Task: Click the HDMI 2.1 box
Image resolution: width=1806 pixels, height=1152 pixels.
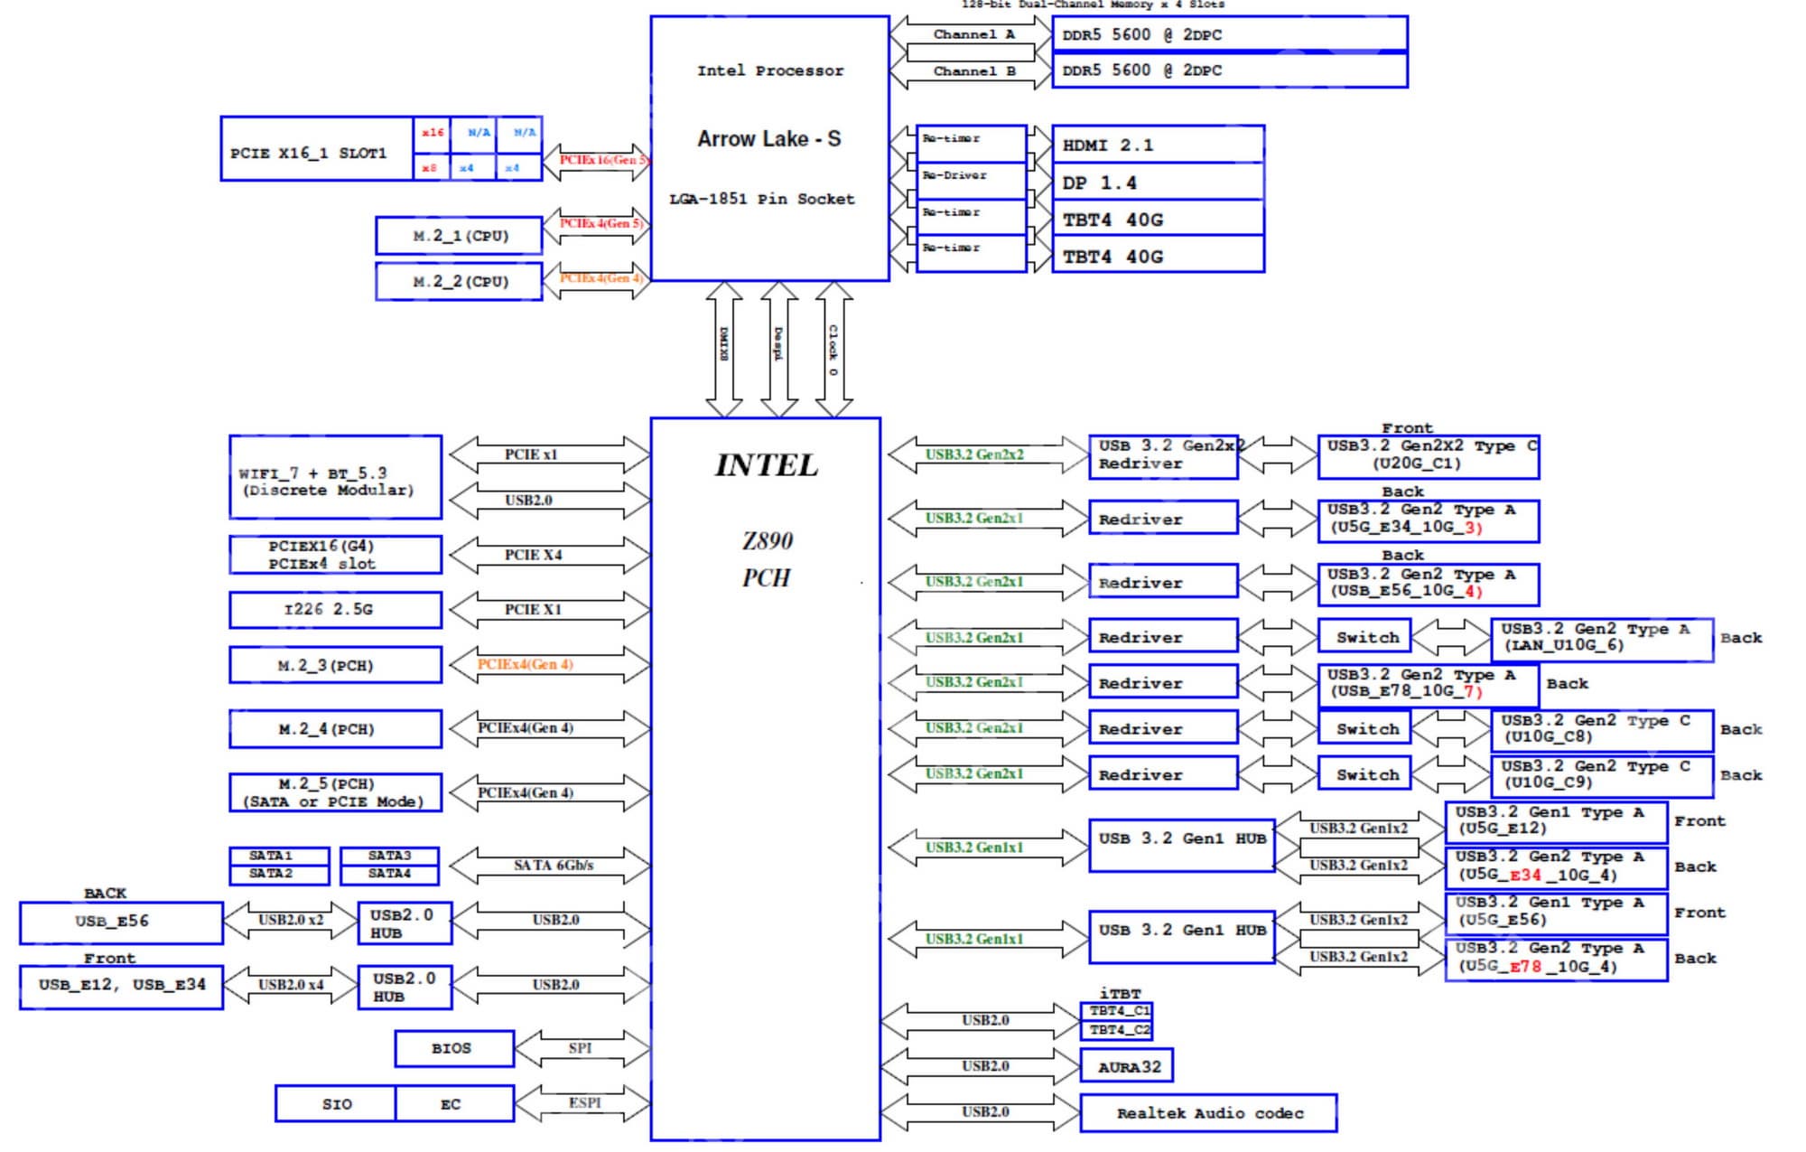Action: pos(1158,145)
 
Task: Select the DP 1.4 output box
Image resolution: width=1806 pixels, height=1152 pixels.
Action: pos(1158,183)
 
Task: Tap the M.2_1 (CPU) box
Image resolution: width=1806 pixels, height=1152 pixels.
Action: pos(459,236)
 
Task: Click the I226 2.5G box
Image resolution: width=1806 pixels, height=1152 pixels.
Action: pos(335,610)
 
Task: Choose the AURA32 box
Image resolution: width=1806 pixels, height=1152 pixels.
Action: pos(1127,1067)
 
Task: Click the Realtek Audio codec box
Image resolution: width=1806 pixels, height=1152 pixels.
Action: pos(1208,1113)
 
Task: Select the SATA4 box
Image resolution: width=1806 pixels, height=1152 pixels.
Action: pos(389,874)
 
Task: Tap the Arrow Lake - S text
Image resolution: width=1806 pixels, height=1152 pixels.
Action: pos(768,139)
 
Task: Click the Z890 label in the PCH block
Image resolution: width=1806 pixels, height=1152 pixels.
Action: pos(767,541)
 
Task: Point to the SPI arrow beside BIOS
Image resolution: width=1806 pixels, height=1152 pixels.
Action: pos(581,1048)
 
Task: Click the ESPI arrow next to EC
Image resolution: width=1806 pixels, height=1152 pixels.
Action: pos(582,1103)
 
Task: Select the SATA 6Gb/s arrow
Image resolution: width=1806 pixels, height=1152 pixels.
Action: pos(550,866)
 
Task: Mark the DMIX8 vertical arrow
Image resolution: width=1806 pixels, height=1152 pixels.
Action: pos(724,348)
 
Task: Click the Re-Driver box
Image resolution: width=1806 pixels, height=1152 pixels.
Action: pos(971,176)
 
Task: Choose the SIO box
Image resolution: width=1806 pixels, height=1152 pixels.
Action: pos(336,1104)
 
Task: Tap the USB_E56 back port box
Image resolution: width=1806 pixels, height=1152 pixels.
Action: pos(121,922)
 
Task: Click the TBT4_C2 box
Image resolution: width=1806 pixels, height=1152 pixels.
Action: pos(1116,1030)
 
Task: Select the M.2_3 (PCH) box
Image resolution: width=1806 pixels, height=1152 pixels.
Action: pos(335,666)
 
